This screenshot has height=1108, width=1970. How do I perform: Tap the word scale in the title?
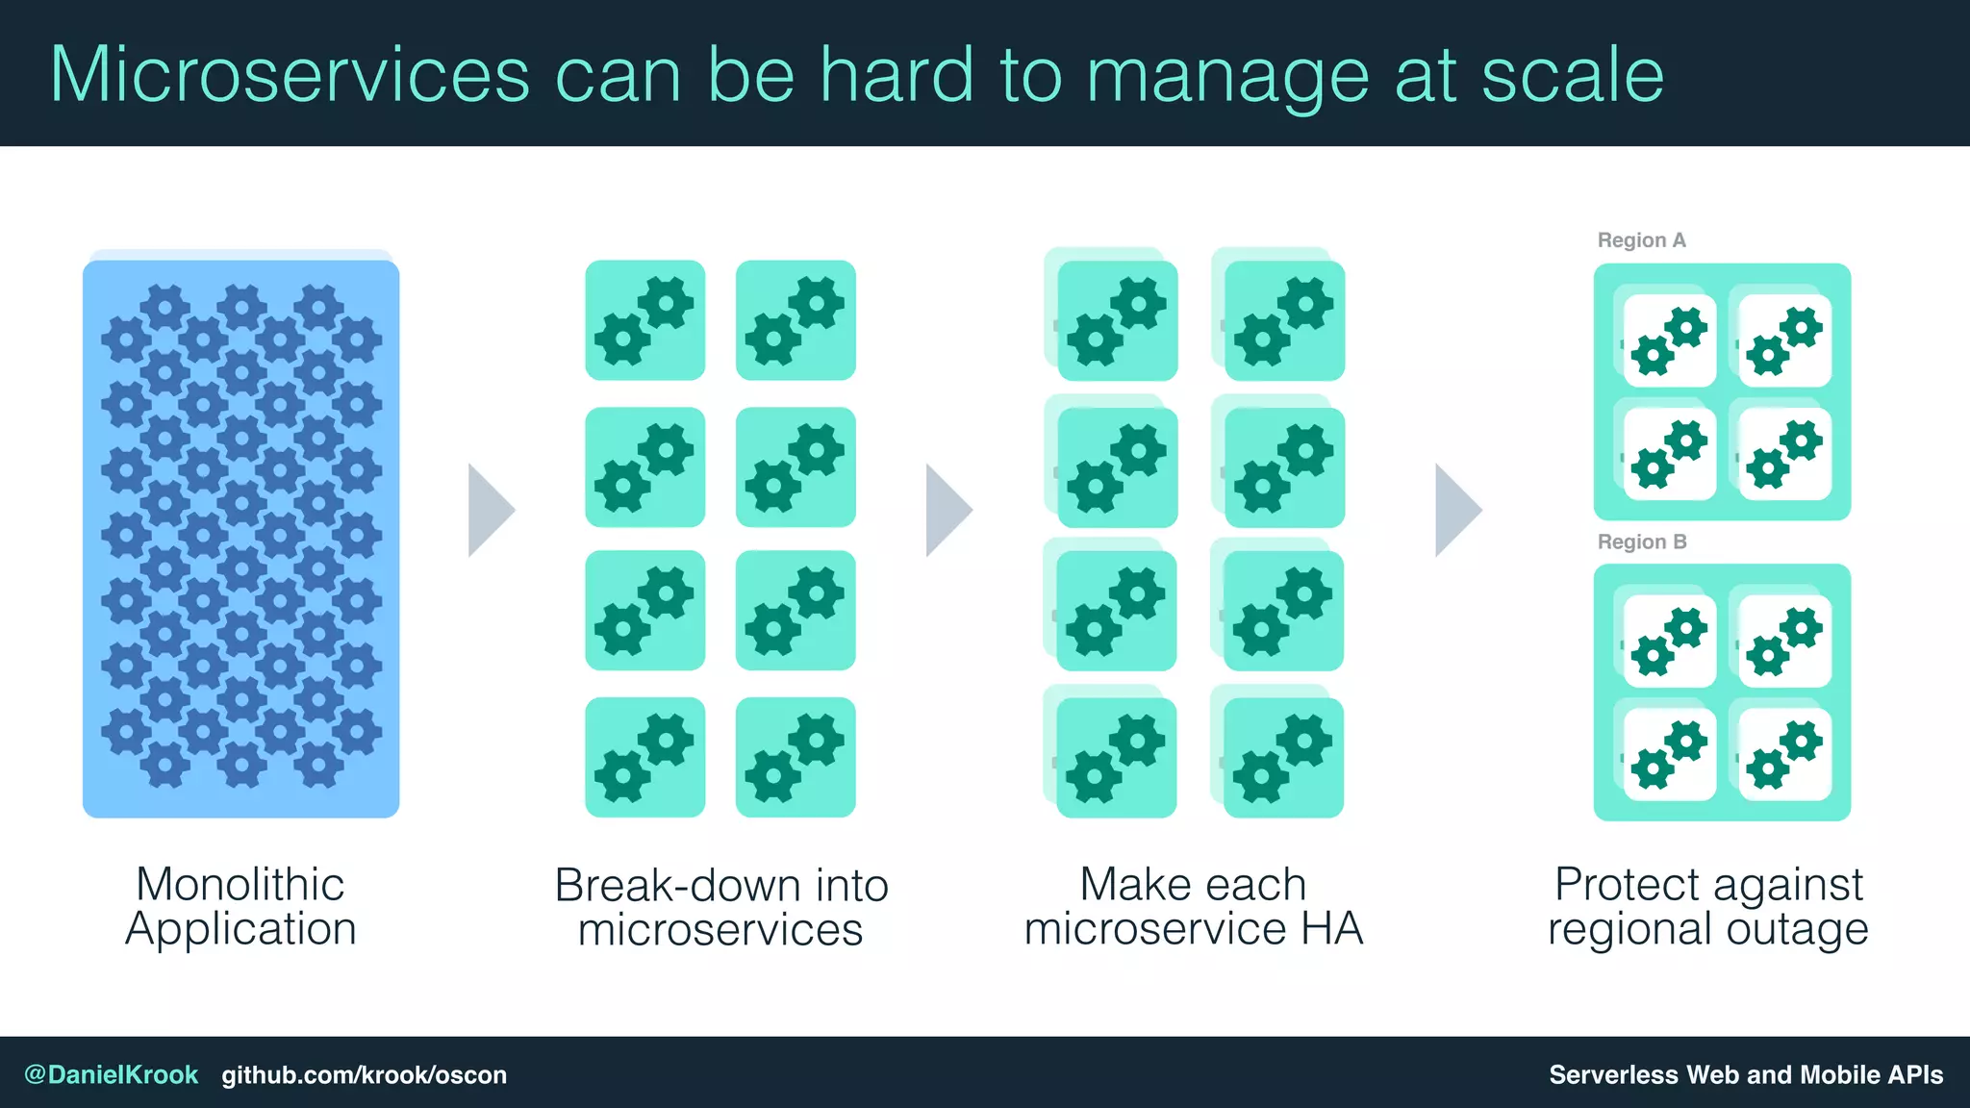(x=1572, y=75)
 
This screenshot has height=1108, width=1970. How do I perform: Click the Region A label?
(x=1641, y=240)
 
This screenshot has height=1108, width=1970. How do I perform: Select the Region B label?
(x=1641, y=542)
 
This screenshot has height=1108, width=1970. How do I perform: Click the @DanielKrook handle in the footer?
(x=111, y=1074)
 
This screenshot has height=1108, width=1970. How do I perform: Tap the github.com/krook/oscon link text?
(x=364, y=1074)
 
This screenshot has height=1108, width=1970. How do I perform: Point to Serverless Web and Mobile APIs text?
(x=1745, y=1074)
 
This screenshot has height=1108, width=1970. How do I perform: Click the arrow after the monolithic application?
(x=490, y=510)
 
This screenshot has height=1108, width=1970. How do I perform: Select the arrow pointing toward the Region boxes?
(x=1456, y=510)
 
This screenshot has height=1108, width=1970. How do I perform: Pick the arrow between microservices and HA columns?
(x=947, y=510)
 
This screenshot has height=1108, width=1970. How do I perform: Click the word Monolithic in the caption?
(x=240, y=885)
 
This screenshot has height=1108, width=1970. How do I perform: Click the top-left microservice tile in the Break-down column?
(x=644, y=320)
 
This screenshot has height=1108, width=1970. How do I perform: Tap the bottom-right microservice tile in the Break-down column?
(x=796, y=757)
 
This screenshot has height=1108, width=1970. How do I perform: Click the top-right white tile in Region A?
(x=1784, y=340)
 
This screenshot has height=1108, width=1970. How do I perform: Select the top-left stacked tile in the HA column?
(x=1116, y=320)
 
